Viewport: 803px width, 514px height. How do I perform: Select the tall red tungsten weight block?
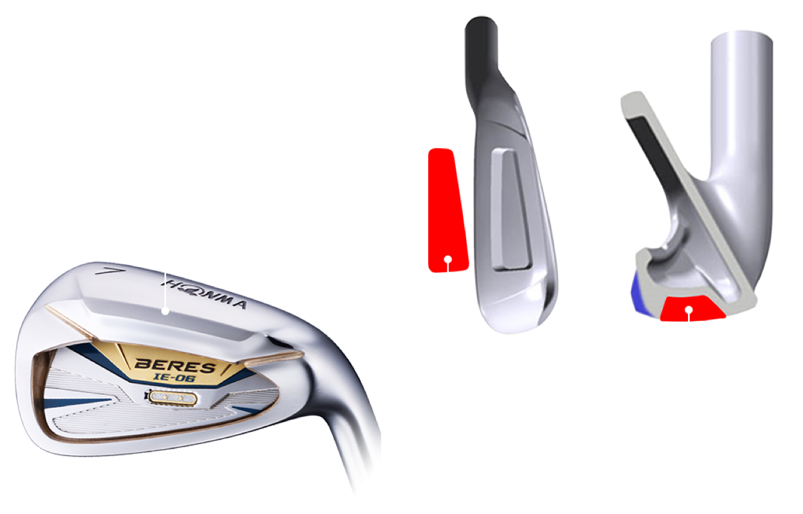446,209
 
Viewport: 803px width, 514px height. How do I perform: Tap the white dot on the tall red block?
448,260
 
